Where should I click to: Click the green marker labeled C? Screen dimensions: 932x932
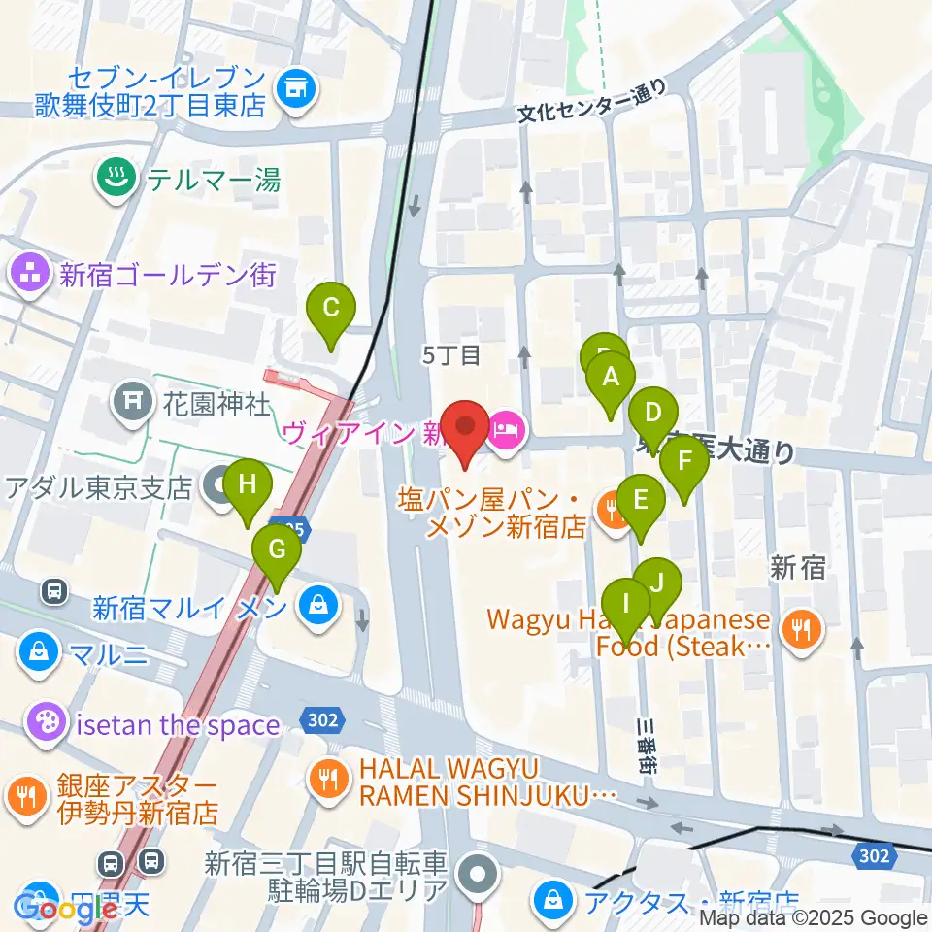coord(330,311)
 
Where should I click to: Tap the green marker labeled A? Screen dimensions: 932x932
coord(611,378)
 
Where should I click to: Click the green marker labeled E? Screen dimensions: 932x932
coord(641,501)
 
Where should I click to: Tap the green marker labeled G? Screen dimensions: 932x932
coord(277,551)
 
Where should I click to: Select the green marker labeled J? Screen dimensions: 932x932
coord(657,583)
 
